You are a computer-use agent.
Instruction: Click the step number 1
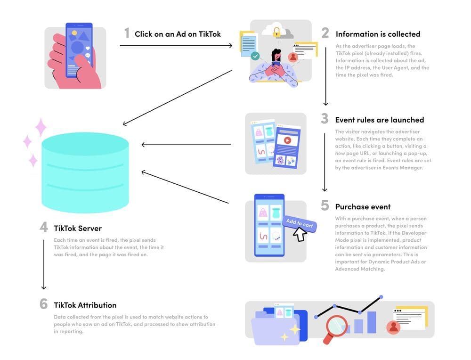(x=127, y=33)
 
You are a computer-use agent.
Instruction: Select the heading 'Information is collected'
(x=378, y=34)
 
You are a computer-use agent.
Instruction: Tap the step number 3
(x=325, y=119)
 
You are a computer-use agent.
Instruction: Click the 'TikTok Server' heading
(x=78, y=229)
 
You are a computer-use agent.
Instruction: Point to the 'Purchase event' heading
(x=363, y=207)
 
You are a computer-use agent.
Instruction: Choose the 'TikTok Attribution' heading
(x=85, y=305)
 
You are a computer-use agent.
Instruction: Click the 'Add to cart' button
(x=299, y=223)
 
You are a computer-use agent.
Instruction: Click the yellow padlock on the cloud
(x=277, y=33)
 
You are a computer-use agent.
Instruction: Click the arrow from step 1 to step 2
(x=177, y=46)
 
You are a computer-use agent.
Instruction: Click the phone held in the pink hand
(x=78, y=49)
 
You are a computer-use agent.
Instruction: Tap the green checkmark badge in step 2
(x=255, y=56)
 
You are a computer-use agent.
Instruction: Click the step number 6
(x=44, y=304)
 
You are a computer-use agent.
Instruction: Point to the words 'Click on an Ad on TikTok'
(x=178, y=34)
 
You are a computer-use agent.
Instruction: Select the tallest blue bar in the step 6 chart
(x=372, y=322)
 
